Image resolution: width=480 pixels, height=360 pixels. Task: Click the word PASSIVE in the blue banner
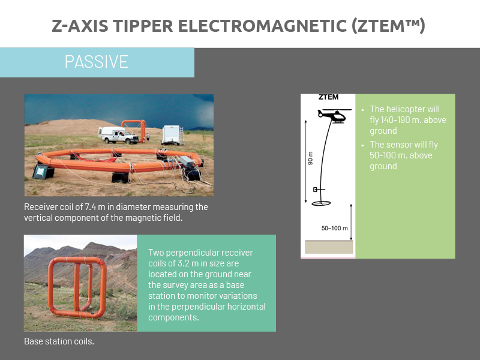(97, 62)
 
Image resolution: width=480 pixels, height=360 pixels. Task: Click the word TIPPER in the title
(143, 26)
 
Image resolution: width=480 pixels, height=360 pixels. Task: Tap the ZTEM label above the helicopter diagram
(328, 97)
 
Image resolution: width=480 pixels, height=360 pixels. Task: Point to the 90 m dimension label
(310, 158)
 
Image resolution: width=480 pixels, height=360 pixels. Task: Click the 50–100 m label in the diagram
(335, 228)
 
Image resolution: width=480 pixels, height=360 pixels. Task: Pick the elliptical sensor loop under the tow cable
(321, 203)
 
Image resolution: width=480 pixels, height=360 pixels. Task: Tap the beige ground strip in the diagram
(329, 247)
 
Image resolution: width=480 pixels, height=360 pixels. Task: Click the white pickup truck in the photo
(118, 135)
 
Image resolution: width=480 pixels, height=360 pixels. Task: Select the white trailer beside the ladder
(172, 134)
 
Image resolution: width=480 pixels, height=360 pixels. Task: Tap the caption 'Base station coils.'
(59, 341)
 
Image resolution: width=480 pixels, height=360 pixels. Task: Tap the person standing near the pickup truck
(148, 137)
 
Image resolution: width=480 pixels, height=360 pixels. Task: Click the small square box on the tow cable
(315, 190)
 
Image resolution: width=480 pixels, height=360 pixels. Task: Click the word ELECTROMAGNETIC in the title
(262, 26)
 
